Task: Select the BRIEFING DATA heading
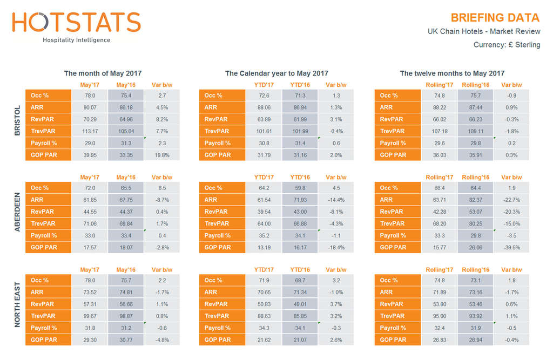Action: click(495, 18)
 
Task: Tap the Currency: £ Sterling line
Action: click(507, 45)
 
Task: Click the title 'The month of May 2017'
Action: click(103, 73)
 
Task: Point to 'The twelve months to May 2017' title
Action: click(452, 73)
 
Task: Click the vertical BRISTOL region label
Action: click(17, 120)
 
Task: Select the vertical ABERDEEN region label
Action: click(17, 212)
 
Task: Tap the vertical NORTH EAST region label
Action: click(17, 305)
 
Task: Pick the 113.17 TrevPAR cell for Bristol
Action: click(90, 131)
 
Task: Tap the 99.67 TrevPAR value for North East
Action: click(90, 316)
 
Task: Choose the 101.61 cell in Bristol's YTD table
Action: click(264, 131)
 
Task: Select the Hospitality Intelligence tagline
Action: click(76, 40)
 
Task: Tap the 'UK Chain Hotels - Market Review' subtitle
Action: click(483, 32)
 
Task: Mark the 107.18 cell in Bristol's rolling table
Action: click(439, 131)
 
